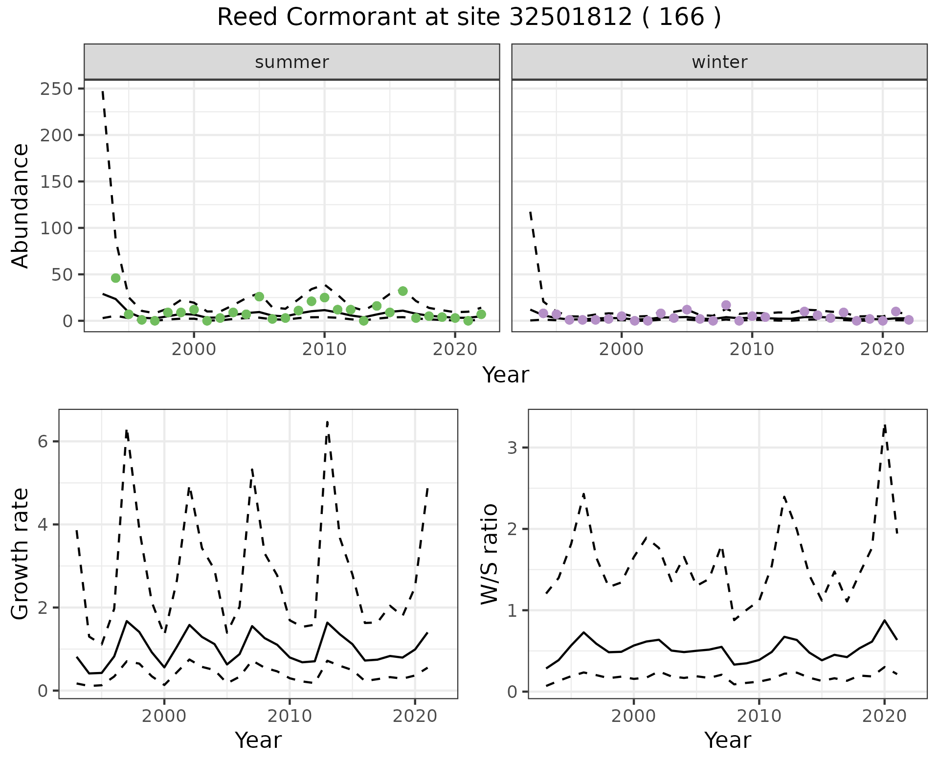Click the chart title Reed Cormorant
click(x=469, y=18)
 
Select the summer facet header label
click(x=292, y=62)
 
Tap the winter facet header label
click(x=719, y=62)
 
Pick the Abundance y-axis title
click(x=20, y=205)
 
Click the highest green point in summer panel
click(x=115, y=278)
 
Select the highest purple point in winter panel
click(x=726, y=305)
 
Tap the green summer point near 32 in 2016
click(x=402, y=291)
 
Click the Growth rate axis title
click(x=20, y=554)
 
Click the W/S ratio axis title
click(x=490, y=554)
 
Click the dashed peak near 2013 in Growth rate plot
click(x=327, y=422)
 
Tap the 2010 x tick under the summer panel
click(x=324, y=350)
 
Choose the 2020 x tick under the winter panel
click(x=882, y=350)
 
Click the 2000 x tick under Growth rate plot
click(x=164, y=717)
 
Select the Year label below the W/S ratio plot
click(x=727, y=741)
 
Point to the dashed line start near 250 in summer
click(x=103, y=91)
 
